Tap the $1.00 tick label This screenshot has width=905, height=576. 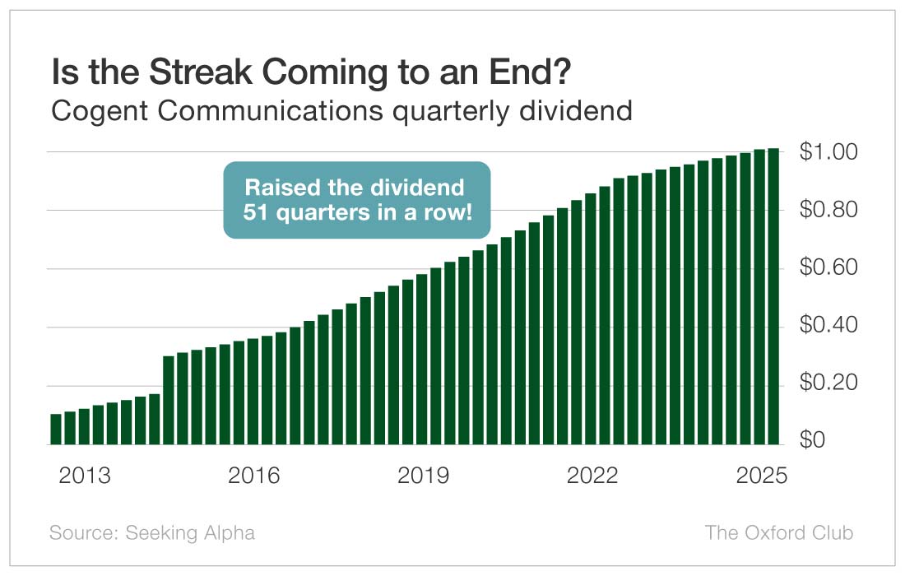[828, 153]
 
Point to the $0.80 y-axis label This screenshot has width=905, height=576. [828, 211]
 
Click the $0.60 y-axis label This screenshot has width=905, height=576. [828, 269]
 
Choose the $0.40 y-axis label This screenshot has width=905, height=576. [828, 327]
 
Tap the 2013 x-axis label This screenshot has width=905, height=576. [85, 476]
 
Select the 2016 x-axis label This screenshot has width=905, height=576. [254, 476]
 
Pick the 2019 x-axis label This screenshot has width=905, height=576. [423, 476]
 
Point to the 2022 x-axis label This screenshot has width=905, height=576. [592, 476]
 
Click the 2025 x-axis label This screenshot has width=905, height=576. [761, 476]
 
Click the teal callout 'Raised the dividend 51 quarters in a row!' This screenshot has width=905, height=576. [357, 200]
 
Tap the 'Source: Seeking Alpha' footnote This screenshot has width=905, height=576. [152, 532]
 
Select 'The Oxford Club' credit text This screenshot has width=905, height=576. [779, 532]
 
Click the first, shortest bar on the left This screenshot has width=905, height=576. [56, 429]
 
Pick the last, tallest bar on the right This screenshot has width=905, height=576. [773, 296]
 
